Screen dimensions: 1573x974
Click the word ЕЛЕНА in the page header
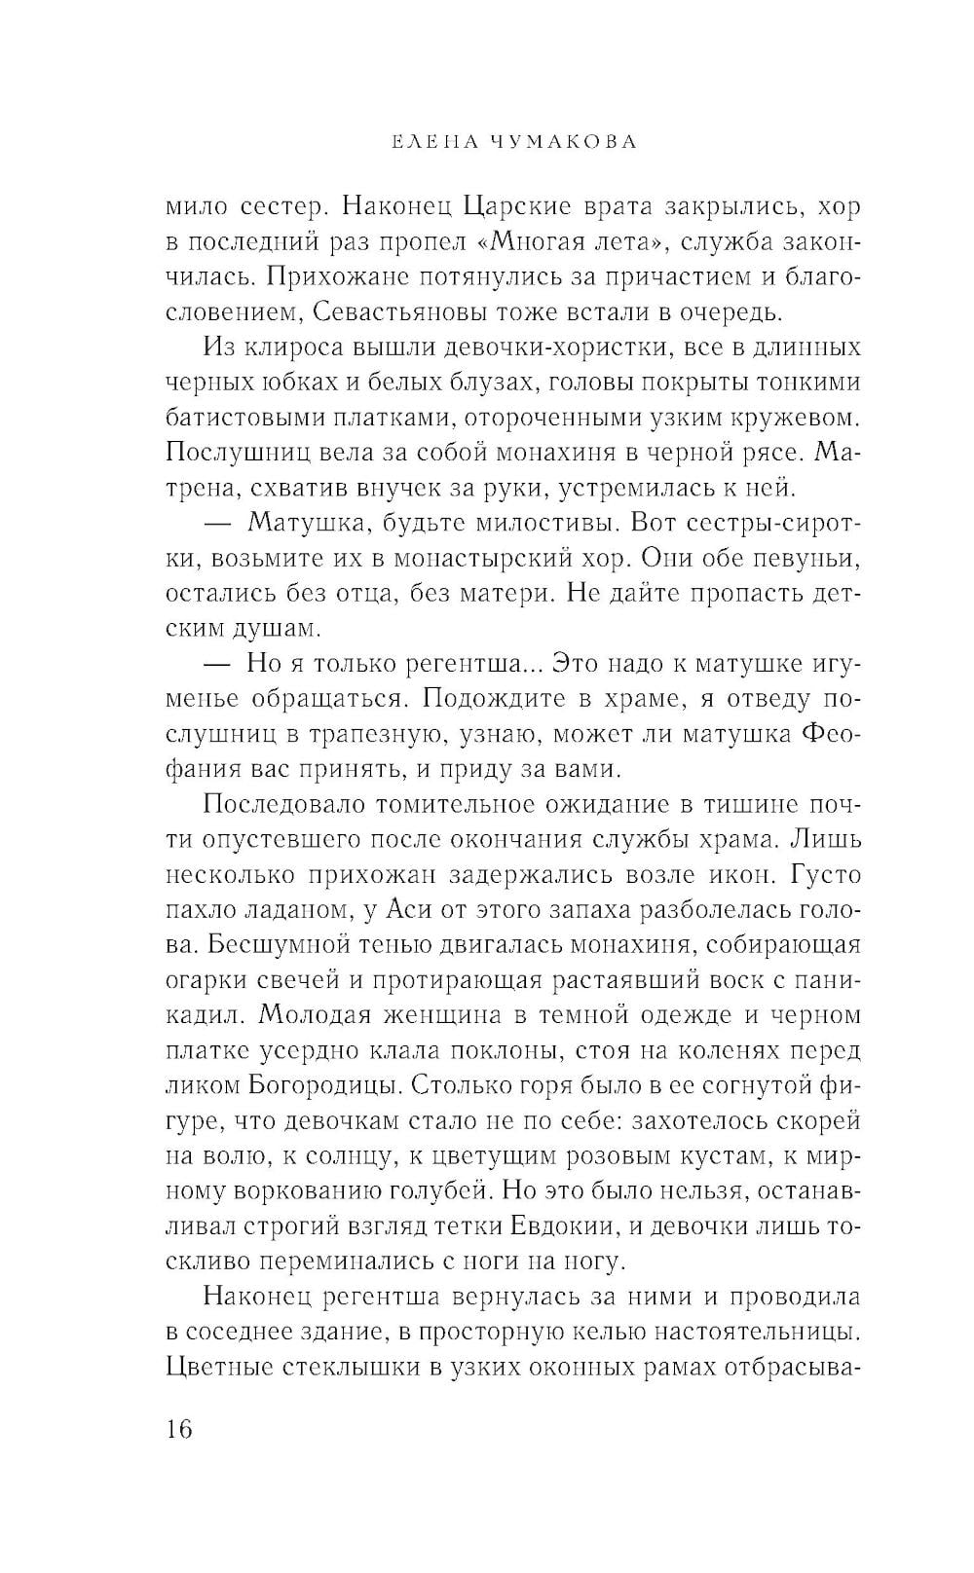click(419, 142)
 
